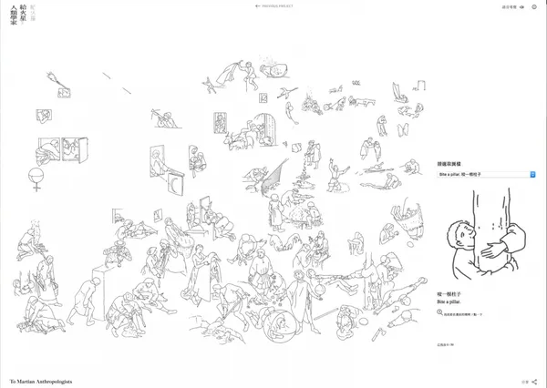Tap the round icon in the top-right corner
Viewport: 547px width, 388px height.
(x=534, y=6)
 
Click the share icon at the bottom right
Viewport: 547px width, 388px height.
(x=534, y=382)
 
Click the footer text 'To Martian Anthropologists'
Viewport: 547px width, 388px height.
(x=40, y=381)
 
